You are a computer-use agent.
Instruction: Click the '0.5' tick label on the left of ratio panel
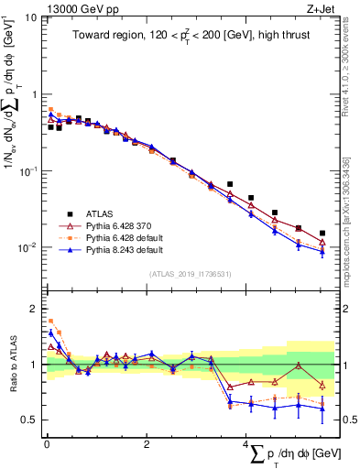[x=28, y=420]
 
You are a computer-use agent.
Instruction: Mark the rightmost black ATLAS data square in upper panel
[x=322, y=234]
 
